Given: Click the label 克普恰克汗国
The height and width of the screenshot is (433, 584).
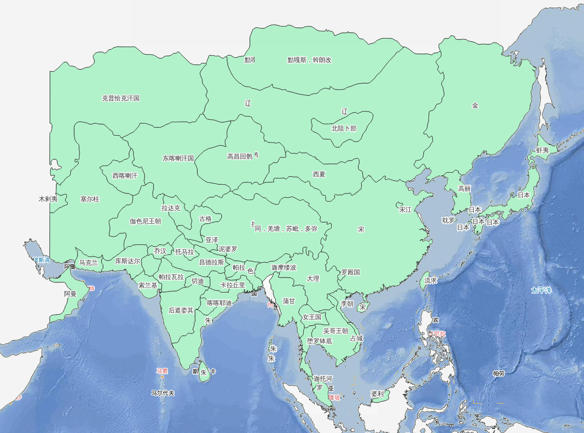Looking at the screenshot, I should pos(120,98).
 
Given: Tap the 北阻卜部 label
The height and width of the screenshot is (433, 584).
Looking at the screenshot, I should pos(344,128).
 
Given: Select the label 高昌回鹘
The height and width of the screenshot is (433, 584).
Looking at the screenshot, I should pos(240,156).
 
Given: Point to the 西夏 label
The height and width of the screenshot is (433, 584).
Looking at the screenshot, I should pos(319,174).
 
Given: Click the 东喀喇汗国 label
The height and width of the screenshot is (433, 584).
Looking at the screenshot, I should pos(178,158).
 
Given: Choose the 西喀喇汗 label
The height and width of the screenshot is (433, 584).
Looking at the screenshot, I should pos(125,176).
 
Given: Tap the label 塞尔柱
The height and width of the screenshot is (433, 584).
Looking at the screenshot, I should pos(90,199).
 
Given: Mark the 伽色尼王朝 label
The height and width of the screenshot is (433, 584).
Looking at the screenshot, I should pos(145,221).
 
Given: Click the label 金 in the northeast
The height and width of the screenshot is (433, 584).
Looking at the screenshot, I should pos(475,105).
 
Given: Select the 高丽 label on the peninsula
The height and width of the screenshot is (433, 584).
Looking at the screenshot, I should pos(465,189).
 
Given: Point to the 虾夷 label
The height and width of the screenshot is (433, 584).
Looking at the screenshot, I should pos(543,150).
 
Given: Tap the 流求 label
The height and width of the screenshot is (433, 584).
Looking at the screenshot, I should pos(430,280).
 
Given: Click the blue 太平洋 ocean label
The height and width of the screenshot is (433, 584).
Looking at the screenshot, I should pos(541,290).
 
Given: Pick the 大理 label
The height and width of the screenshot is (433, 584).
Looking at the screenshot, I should pos(313,279).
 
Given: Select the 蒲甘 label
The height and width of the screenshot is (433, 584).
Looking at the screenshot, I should pos(289,301).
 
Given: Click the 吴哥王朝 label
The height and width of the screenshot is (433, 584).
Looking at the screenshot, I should pos(335,331).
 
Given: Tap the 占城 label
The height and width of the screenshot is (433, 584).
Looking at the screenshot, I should pos(356,338).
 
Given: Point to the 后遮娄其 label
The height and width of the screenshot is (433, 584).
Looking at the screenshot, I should pos(181,310).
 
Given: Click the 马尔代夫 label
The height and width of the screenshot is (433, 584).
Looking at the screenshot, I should pos(163,393).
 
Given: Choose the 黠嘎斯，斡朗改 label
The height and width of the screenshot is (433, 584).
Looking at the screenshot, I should pos(310,60).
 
